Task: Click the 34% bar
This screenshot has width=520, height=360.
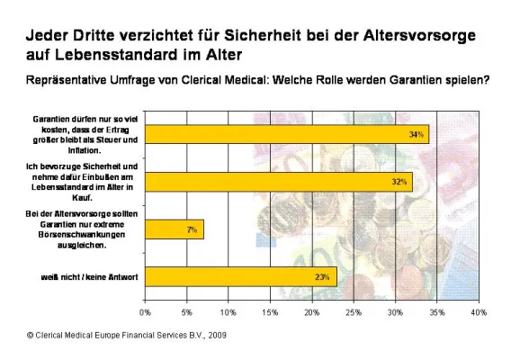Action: click(x=287, y=134)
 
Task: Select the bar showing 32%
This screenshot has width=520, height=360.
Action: click(x=279, y=182)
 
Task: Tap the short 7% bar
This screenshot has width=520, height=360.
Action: click(x=175, y=229)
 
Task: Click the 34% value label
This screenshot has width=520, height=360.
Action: click(x=417, y=134)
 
